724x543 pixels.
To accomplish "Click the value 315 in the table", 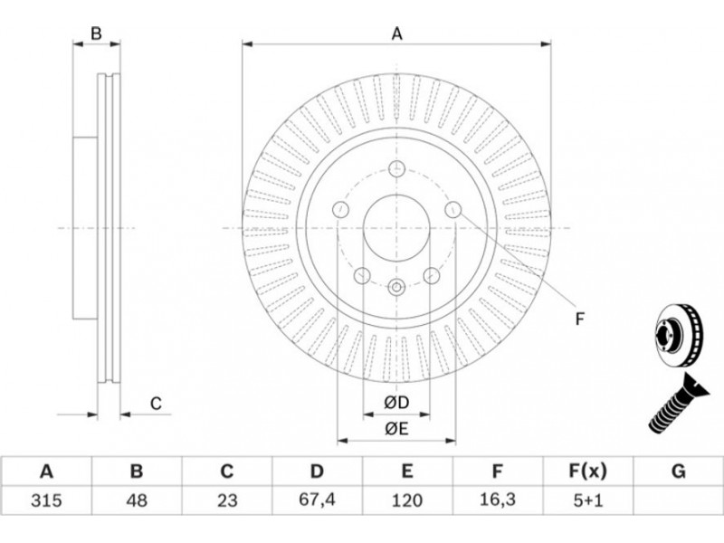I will [45, 499].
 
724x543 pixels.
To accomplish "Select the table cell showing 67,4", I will [317, 499].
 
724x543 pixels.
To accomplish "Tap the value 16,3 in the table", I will [497, 499].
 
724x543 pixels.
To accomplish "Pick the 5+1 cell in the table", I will [586, 499].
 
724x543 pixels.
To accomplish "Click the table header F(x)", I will [586, 472].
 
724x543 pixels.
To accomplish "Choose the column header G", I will [678, 472].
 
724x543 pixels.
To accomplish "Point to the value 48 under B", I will [136, 499].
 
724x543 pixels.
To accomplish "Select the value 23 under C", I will [226, 499].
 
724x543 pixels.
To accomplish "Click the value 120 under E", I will [407, 499].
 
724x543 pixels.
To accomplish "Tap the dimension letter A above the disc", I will [396, 34].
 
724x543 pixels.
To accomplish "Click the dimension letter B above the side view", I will [96, 34].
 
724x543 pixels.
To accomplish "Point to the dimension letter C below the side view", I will [155, 404].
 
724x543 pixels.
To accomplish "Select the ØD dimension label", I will [395, 402].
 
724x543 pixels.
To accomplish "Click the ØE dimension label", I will [395, 430].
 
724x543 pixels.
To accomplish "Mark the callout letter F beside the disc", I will [580, 318].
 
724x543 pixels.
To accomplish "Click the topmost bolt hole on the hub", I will [396, 168].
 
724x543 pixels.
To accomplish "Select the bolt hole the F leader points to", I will [453, 210].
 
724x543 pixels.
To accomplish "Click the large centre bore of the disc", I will [396, 228].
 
